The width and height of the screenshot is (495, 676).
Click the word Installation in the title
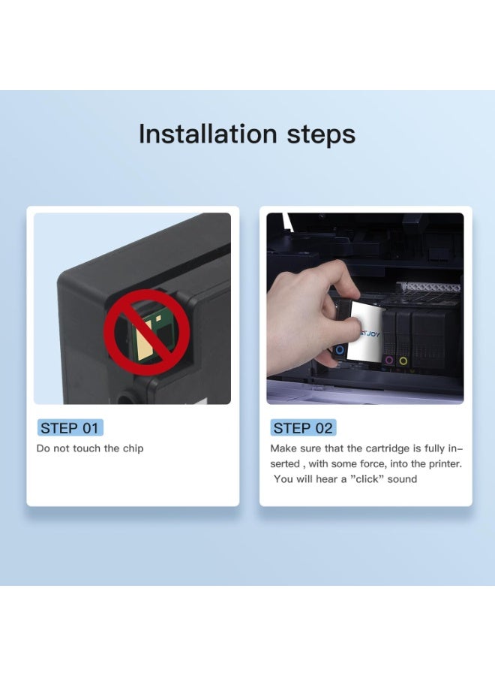pos(208,134)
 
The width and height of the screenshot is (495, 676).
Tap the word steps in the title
pos(321,135)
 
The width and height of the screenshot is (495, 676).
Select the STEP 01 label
pos(70,428)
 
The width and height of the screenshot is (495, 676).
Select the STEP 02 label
pos(303,428)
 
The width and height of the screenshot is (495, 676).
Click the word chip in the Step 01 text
pos(133,448)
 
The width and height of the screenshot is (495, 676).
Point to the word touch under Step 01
pos(88,448)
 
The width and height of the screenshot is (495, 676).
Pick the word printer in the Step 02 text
pos(445,464)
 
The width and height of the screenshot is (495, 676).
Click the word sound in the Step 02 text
pos(402,479)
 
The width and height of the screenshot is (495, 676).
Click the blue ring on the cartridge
pos(340,349)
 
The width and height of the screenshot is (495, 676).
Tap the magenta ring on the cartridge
pos(389,360)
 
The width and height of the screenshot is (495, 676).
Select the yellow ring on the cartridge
pos(403,361)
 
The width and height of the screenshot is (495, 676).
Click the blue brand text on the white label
pos(369,333)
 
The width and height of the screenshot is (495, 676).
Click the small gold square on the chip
pos(158,318)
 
